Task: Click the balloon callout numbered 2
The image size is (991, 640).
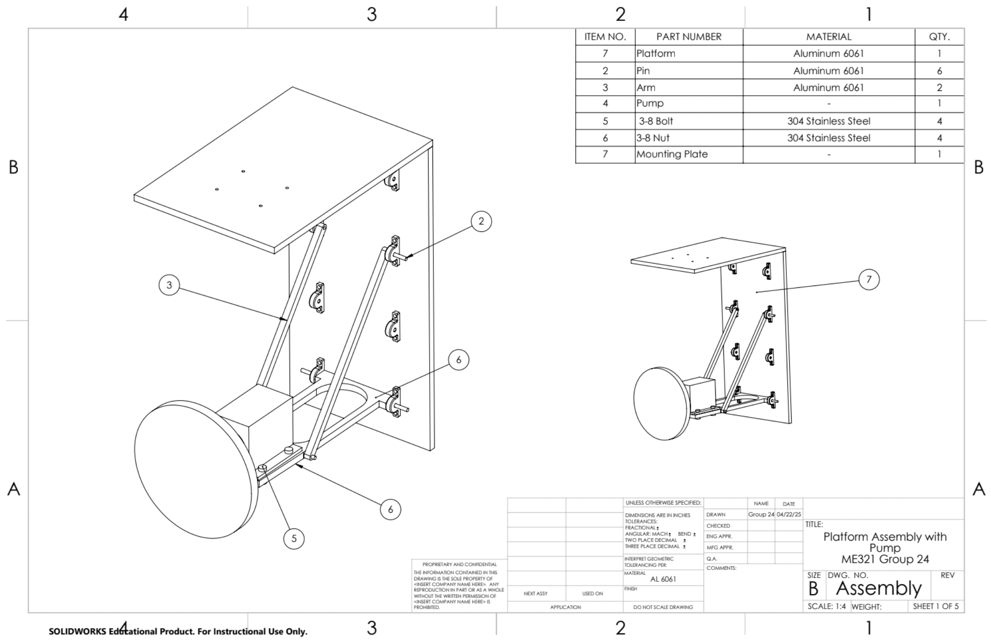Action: click(481, 222)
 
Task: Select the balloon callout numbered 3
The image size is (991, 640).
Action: click(169, 285)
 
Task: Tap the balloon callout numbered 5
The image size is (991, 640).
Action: click(294, 539)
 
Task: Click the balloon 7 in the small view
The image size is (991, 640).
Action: click(869, 279)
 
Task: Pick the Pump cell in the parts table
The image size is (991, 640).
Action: click(650, 103)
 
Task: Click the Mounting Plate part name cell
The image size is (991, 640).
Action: click(672, 154)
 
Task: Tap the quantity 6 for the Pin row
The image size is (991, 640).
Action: click(939, 71)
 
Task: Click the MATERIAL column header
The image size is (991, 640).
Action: click(829, 36)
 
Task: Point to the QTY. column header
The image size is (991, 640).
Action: click(939, 36)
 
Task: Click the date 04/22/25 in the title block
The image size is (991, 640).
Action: click(789, 515)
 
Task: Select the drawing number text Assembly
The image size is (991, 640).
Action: click(879, 588)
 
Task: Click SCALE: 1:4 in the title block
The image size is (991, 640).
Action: click(826, 606)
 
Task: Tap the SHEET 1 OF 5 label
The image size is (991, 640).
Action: click(936, 606)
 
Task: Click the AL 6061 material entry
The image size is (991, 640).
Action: click(663, 579)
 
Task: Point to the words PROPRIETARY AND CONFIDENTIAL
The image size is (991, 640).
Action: click(459, 564)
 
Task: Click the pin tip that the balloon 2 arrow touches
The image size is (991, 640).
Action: click(406, 258)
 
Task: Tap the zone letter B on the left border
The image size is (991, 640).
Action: click(13, 167)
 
